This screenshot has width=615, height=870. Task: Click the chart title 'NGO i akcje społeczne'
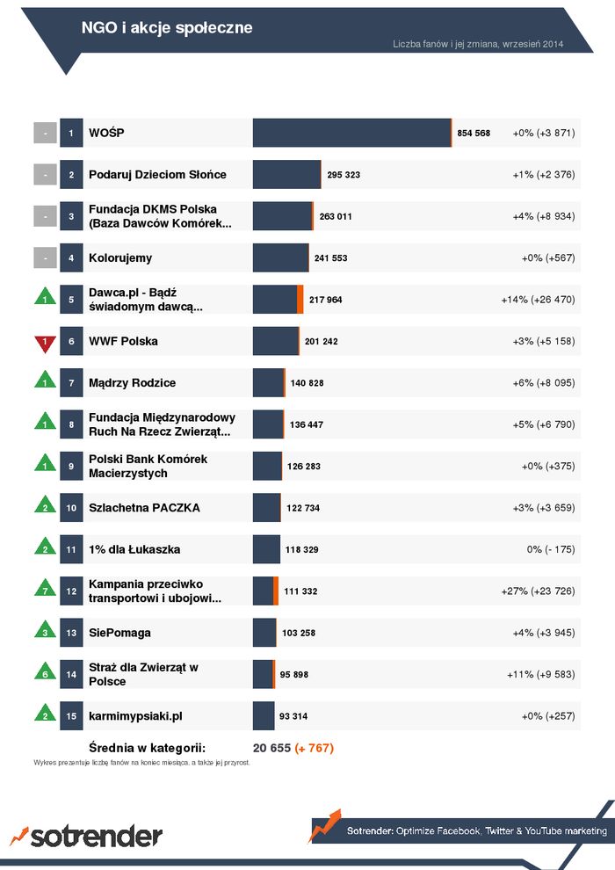[x=167, y=28]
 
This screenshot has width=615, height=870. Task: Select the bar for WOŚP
[x=351, y=133]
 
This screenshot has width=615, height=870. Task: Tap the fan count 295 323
[x=344, y=175]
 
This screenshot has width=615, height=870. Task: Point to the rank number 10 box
[x=71, y=508]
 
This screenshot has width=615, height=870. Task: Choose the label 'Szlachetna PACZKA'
[x=144, y=508]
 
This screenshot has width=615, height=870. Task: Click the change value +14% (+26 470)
[x=538, y=300]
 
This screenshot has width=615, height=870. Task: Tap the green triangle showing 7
[x=45, y=589]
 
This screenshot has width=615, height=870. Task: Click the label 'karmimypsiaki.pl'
[x=135, y=716]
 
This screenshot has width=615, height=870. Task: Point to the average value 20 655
[x=271, y=748]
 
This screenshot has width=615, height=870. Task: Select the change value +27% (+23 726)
[x=538, y=591]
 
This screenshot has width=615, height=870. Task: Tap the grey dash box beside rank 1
[x=45, y=133]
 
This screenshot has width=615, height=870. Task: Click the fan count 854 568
[x=474, y=134]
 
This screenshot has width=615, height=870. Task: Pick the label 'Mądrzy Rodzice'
[x=132, y=383]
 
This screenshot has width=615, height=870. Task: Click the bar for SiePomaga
[x=264, y=633]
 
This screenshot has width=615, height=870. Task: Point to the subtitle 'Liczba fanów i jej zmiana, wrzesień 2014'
[x=478, y=44]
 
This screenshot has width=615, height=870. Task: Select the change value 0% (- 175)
[x=551, y=549]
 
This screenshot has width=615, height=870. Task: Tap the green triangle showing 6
[x=45, y=672]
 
